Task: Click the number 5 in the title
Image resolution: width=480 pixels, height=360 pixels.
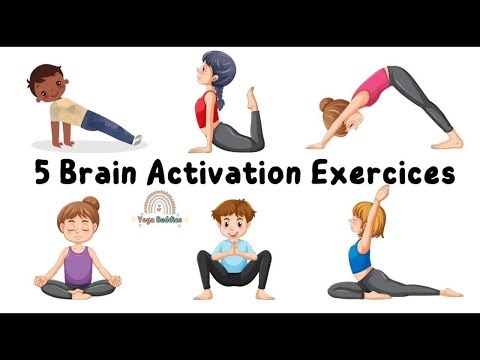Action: [41, 173]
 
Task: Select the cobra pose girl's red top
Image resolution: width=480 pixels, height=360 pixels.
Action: [206, 109]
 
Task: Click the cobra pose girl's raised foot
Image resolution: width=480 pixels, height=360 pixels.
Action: [252, 98]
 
